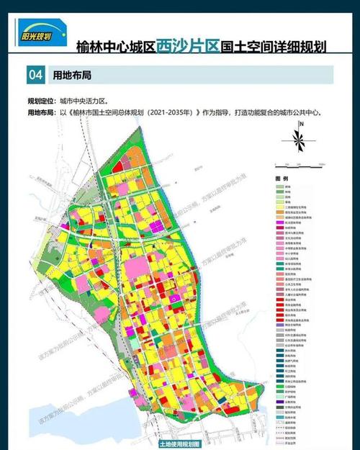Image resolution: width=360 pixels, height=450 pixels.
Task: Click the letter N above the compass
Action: (303, 125)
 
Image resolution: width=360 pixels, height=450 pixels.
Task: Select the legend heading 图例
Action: (282, 178)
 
